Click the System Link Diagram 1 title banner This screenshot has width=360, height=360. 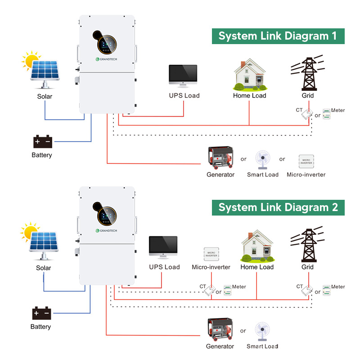[278, 36]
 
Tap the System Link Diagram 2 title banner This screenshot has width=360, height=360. [278, 207]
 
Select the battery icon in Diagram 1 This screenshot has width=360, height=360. [43, 142]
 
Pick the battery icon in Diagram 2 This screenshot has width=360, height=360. [41, 313]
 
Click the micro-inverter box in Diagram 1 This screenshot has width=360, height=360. [306, 161]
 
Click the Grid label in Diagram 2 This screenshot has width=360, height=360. [307, 267]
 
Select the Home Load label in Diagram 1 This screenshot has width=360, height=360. [249, 95]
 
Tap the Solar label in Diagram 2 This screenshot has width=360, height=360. [43, 268]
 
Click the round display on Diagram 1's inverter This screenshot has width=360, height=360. [107, 44]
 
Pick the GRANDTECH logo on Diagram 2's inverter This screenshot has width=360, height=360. [107, 231]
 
